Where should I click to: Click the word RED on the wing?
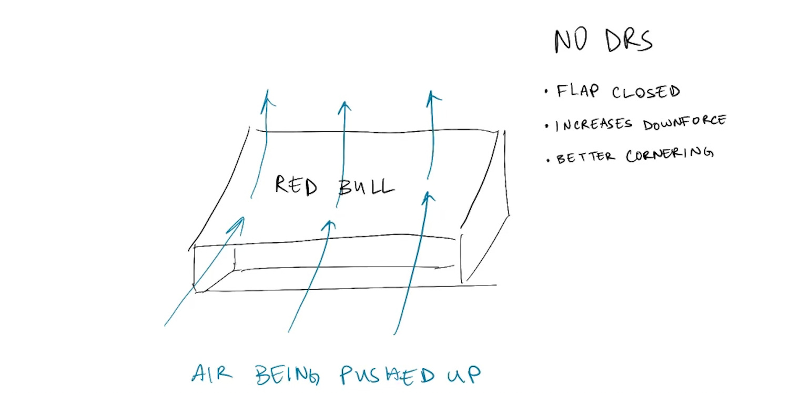[296, 185]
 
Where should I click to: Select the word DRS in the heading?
[629, 41]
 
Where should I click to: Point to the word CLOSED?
[646, 92]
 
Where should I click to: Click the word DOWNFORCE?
[684, 123]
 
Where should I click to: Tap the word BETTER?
[584, 157]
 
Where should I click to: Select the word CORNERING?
[670, 155]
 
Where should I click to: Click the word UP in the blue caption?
[463, 375]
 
